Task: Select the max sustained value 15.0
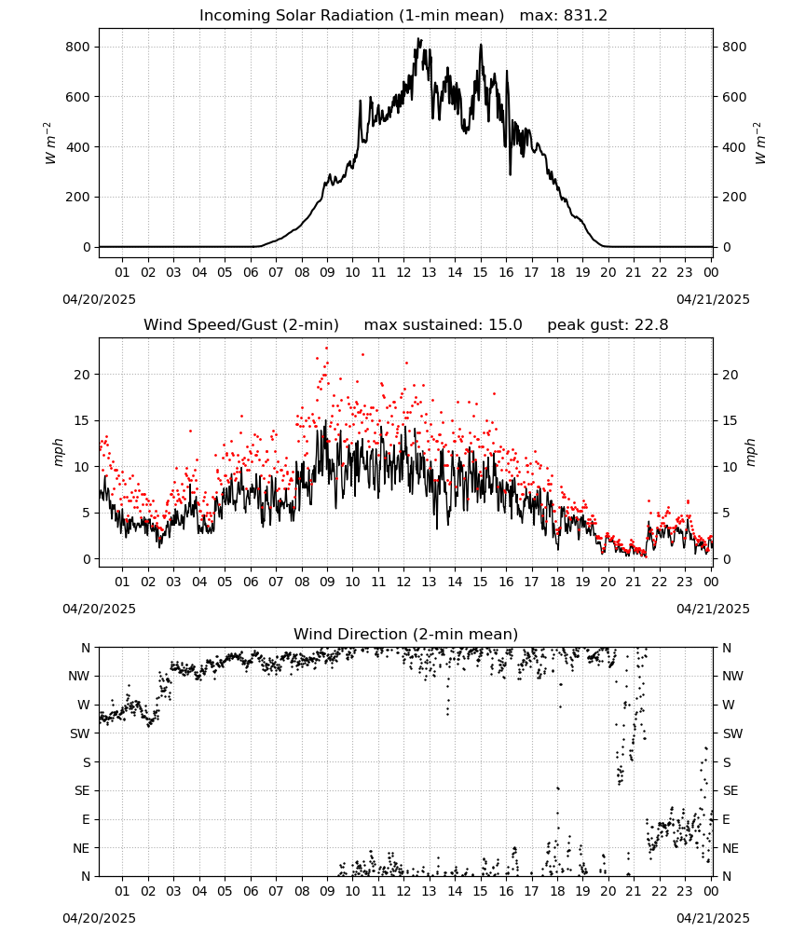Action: pos(505,325)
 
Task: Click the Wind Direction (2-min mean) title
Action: pos(406,634)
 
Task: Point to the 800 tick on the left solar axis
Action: pos(77,47)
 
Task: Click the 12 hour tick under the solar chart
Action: pos(403,272)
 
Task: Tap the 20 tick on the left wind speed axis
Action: pos(83,375)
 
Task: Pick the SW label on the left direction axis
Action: pos(79,733)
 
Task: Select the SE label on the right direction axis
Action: pos(731,790)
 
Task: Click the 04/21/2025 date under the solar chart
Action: pos(713,299)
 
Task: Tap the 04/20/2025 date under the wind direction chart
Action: pos(99,918)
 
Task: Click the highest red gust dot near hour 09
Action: pos(326,349)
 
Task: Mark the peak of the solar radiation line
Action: pos(418,39)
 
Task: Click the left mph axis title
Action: pos(58,453)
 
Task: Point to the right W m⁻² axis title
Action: pos(760,144)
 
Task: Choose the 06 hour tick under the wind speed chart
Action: pos(251,582)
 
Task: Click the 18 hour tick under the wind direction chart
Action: pos(557,891)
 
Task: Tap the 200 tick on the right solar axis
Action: pos(734,197)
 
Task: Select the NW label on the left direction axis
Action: pos(79,676)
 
